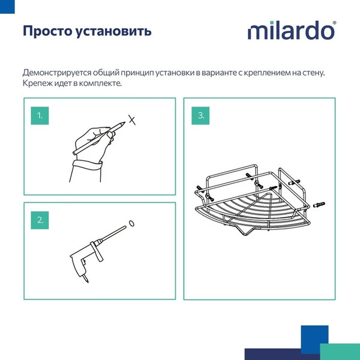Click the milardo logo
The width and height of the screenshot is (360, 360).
click(x=292, y=31)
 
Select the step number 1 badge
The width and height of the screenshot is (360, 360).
click(x=40, y=116)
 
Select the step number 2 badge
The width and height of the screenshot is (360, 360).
click(x=40, y=220)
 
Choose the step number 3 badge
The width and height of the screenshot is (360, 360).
click(x=201, y=116)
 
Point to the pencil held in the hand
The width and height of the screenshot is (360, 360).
click(x=102, y=136)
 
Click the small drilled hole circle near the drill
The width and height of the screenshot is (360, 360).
click(x=132, y=224)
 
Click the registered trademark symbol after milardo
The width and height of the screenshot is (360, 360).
click(x=334, y=23)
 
